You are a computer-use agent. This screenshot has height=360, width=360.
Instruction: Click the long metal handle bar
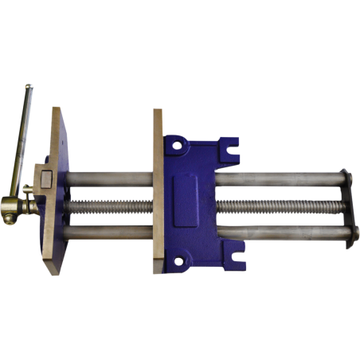23,135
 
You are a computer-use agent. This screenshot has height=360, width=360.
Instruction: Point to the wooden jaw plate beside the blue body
158,191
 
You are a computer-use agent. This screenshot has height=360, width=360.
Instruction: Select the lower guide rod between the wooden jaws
108,236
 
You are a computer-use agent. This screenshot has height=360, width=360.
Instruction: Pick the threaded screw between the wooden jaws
108,207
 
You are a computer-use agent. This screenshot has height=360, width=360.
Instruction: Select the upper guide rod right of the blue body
279,179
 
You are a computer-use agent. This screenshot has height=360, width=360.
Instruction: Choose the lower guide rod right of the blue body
279,233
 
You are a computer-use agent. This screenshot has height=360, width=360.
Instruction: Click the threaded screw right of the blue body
279,207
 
